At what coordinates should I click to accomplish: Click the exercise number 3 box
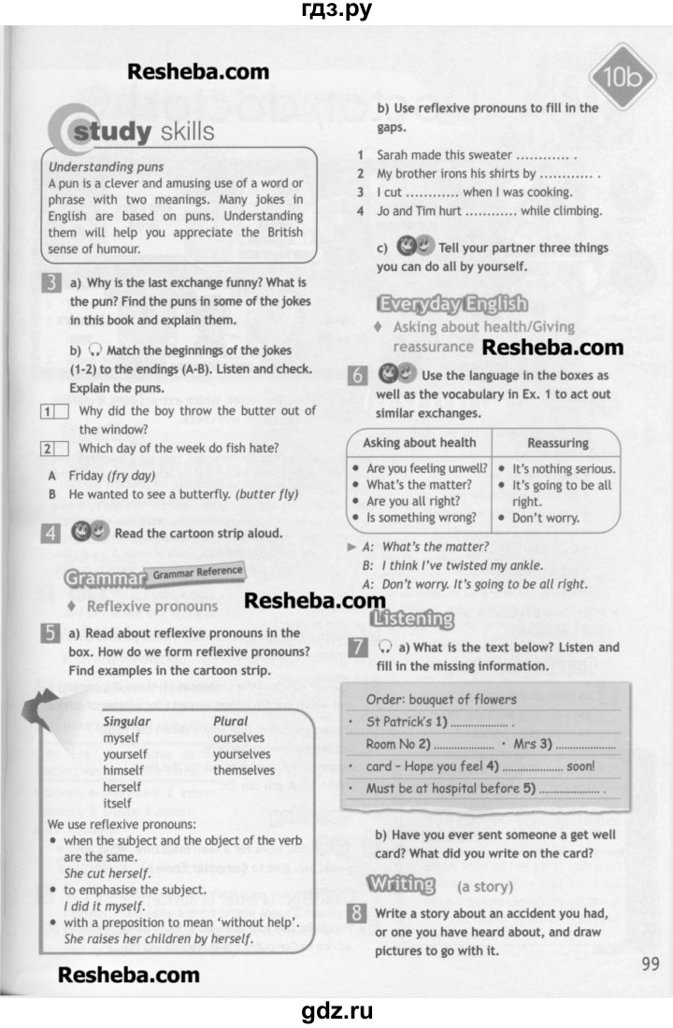click(x=53, y=283)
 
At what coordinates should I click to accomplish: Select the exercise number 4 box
click(x=53, y=535)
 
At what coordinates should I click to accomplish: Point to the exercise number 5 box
click(x=53, y=635)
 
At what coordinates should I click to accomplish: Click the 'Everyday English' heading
click(x=451, y=304)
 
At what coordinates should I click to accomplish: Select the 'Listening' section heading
click(x=411, y=619)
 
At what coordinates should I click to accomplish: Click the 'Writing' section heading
click(x=402, y=883)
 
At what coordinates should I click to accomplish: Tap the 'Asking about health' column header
click(x=419, y=442)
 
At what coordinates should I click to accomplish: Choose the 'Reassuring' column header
click(x=558, y=442)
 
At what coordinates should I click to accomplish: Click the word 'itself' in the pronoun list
click(x=118, y=804)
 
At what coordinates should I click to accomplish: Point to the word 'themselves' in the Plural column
click(x=244, y=770)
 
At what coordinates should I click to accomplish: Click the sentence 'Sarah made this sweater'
click(x=444, y=154)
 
